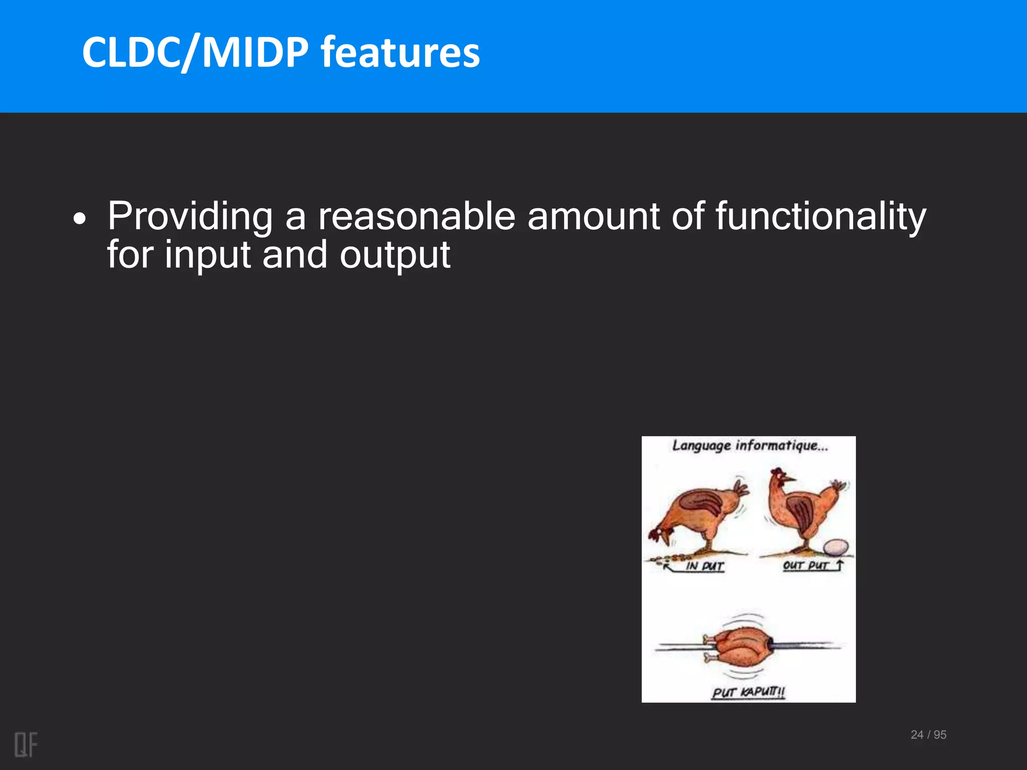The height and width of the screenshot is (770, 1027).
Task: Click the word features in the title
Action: click(x=400, y=53)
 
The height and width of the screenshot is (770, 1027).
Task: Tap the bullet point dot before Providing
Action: click(x=79, y=219)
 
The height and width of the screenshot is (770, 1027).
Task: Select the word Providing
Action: click(x=190, y=217)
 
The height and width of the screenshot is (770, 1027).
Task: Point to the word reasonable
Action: click(x=417, y=217)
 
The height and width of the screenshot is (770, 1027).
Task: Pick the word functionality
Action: click(x=820, y=217)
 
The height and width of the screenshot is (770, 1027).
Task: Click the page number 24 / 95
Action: click(x=928, y=734)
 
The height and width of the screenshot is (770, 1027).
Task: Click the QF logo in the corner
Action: click(x=26, y=744)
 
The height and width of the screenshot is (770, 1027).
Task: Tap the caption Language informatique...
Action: click(x=750, y=446)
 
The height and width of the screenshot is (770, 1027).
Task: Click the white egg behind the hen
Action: click(x=836, y=547)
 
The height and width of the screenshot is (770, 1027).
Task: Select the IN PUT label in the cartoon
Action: click(x=705, y=566)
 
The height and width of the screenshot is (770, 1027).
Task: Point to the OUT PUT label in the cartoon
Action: click(x=805, y=565)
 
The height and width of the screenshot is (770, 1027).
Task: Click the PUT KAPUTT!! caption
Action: click(x=748, y=692)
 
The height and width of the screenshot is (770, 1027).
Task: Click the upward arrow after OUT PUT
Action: click(x=840, y=565)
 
